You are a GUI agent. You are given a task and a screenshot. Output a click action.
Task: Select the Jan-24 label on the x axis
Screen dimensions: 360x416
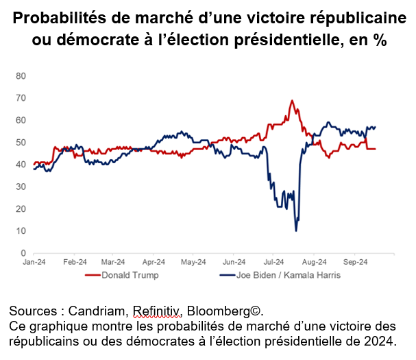34,262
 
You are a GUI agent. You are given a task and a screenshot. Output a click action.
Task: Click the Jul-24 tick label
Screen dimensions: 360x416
273,262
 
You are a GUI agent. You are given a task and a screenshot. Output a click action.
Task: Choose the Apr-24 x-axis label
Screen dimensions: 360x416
154,262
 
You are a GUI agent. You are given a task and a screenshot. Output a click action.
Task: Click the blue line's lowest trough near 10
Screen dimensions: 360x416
296,230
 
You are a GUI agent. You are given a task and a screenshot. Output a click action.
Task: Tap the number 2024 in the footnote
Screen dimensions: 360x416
377,339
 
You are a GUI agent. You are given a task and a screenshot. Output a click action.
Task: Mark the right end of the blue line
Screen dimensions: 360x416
376,126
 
